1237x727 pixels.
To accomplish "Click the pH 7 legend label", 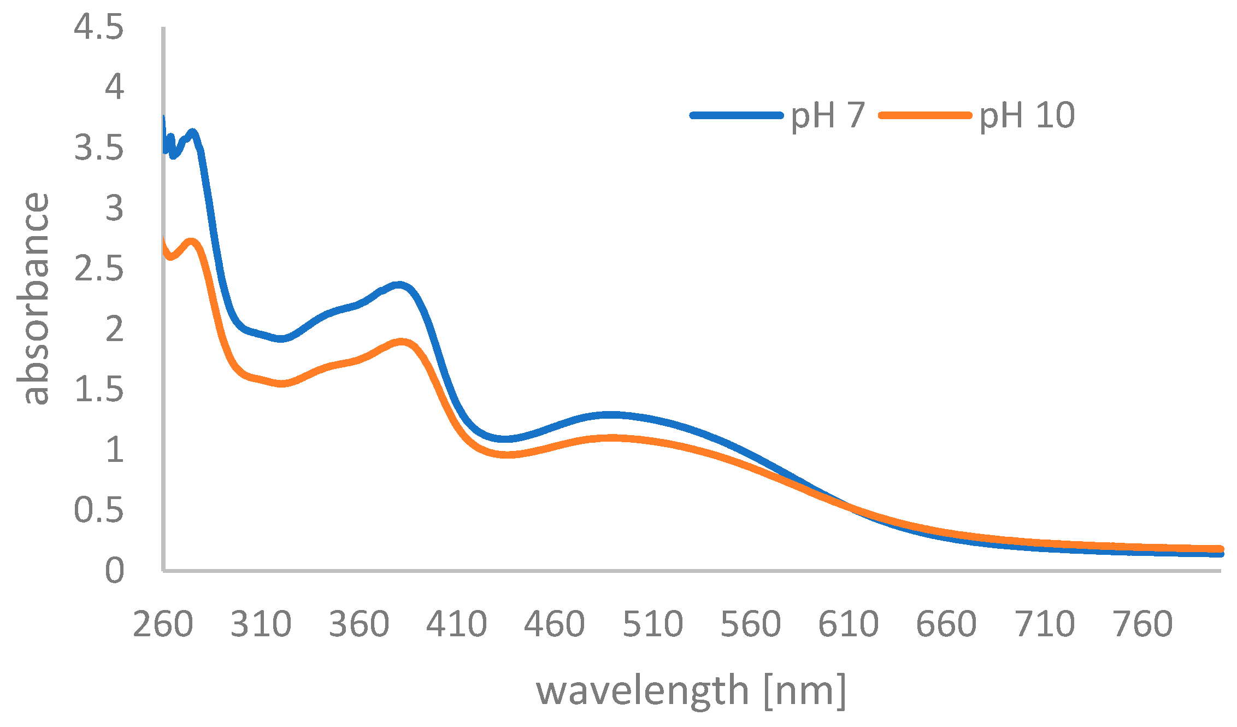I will point(828,116).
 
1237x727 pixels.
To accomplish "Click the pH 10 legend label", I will point(1027,116).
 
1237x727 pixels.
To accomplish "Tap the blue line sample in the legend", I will point(737,115).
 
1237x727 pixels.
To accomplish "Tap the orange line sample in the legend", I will point(925,115).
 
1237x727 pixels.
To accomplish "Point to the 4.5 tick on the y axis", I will point(99,27).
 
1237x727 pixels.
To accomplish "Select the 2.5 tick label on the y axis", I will point(99,269).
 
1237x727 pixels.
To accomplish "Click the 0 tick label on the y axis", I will point(114,571).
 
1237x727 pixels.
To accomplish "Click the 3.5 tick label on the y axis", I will point(99,148).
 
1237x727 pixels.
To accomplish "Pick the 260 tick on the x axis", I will point(163,624).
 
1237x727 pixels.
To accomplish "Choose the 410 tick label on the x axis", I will point(456,624).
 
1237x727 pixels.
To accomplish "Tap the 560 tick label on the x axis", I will point(750,624).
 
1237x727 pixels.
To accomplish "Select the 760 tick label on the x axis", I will point(1142,624).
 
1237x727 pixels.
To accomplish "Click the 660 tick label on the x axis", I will point(946,624).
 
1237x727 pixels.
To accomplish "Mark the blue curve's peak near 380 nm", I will point(399,285).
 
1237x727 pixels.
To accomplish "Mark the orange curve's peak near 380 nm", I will point(402,342).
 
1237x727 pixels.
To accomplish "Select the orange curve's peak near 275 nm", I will point(191,242).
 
